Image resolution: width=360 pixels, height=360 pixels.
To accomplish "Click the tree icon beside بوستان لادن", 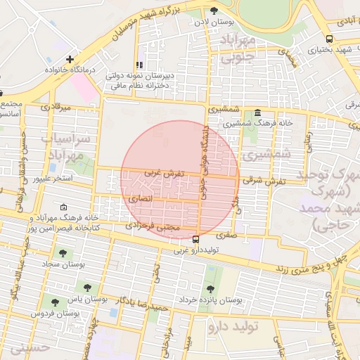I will (x=214, y=10).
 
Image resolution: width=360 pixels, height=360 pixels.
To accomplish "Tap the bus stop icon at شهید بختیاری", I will (x=330, y=39).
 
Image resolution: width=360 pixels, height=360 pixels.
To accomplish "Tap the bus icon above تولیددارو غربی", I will (x=195, y=240).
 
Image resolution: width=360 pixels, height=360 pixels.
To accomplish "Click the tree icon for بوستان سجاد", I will (x=63, y=252).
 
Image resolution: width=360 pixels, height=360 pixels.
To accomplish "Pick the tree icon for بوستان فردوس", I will (x=55, y=302).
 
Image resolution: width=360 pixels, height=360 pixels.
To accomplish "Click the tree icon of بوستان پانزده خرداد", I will (x=211, y=288).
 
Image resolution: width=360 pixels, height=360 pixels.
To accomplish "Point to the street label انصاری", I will (x=139, y=200).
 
